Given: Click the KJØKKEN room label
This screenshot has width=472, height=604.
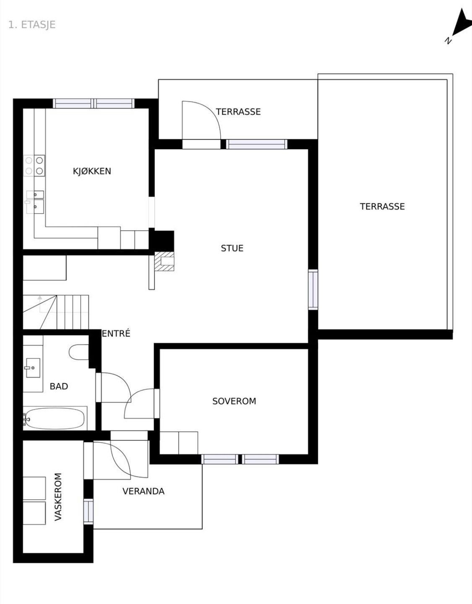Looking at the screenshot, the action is pyautogui.click(x=92, y=171).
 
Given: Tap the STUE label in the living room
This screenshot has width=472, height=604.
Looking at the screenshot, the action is pyautogui.click(x=232, y=248).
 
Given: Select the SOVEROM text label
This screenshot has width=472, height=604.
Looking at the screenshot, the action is pyautogui.click(x=234, y=401).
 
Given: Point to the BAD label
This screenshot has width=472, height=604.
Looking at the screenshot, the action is pyautogui.click(x=59, y=386).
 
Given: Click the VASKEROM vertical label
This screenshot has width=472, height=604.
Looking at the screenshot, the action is pyautogui.click(x=58, y=497).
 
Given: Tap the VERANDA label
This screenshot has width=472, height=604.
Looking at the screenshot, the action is pyautogui.click(x=143, y=491).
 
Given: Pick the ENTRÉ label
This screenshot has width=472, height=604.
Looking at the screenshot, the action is pyautogui.click(x=116, y=333).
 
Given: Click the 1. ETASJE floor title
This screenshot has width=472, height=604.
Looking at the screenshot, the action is pyautogui.click(x=32, y=25).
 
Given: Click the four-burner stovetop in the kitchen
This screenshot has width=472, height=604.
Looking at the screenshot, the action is pyautogui.click(x=34, y=166).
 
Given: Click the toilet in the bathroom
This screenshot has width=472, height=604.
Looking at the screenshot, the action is pyautogui.click(x=79, y=352).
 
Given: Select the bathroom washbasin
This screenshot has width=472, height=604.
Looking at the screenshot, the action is pyautogui.click(x=33, y=368).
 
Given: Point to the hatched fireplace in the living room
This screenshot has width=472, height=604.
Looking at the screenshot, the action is pyautogui.click(x=164, y=261).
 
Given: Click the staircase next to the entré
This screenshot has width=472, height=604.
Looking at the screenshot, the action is pyautogui.click(x=56, y=312).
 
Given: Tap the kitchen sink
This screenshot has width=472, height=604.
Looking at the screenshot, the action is pyautogui.click(x=35, y=202).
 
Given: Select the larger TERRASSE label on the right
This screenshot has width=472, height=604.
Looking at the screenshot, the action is pyautogui.click(x=382, y=207).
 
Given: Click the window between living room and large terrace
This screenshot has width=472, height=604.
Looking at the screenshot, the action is pyautogui.click(x=313, y=289).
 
